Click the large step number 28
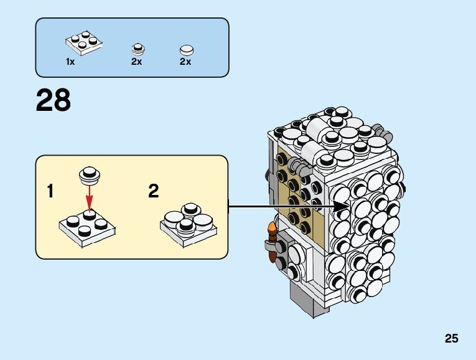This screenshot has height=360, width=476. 54,100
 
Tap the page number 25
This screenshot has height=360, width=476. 452,339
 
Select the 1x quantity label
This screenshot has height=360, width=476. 70,62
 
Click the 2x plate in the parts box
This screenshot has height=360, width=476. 83,42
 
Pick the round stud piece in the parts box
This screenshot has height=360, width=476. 138,49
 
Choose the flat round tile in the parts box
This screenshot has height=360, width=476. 186,49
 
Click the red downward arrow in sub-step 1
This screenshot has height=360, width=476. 89,199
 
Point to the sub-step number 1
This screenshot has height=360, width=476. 50,191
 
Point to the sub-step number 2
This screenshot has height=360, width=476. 153,191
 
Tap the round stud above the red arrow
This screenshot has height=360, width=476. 89,176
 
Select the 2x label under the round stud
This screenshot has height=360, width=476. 137,62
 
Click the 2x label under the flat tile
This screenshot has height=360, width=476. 185,62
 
